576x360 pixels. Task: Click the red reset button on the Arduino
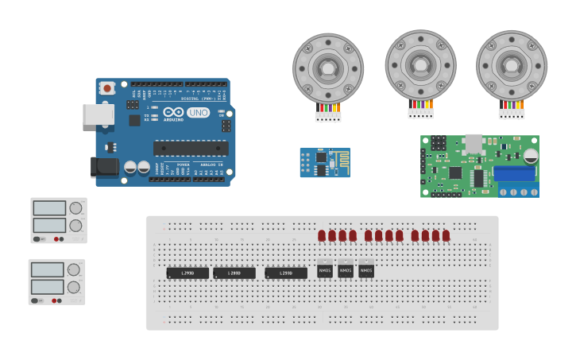coord(106,88)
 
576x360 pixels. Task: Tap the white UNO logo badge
coord(198,113)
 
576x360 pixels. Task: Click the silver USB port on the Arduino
coord(99,114)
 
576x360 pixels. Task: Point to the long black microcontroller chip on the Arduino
coord(191,148)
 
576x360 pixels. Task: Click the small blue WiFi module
coord(324,162)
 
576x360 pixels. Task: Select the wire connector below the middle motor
coord(421,113)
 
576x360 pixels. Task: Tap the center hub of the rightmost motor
coord(511,65)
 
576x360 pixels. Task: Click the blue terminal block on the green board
coord(514,173)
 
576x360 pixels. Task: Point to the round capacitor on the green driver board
coord(530,157)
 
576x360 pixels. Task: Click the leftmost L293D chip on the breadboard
coord(187,273)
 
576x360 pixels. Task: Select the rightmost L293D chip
coord(286,273)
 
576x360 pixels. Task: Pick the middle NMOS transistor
coord(346,271)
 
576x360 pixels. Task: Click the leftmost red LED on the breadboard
coord(322,235)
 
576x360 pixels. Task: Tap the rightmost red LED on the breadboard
coord(446,235)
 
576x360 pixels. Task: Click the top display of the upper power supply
coord(49,208)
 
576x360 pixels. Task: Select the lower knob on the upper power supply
coord(75,226)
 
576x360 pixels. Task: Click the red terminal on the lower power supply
coord(54,300)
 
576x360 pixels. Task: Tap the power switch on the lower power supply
coord(37,300)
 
